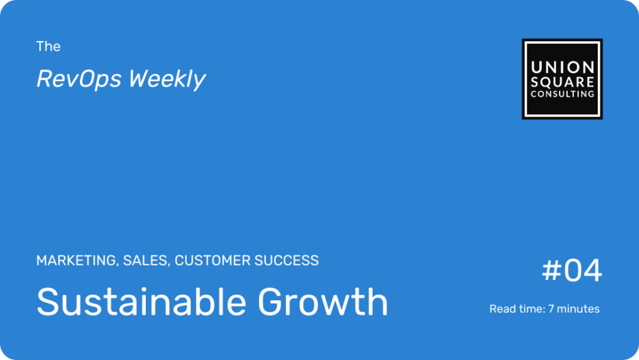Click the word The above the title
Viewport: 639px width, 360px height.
pyautogui.click(x=48, y=47)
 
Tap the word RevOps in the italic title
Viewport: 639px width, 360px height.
pyautogui.click(x=79, y=79)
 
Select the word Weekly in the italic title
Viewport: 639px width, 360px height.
pyautogui.click(x=167, y=79)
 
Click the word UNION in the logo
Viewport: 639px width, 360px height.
pyautogui.click(x=562, y=67)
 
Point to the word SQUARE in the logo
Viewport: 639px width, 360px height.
pyautogui.click(x=562, y=82)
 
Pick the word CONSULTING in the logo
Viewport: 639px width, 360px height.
pyautogui.click(x=562, y=94)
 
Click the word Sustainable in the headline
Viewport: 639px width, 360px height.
pyautogui.click(x=141, y=301)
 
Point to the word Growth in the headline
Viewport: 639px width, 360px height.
pyautogui.click(x=323, y=301)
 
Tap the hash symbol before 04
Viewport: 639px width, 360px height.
pyautogui.click(x=552, y=270)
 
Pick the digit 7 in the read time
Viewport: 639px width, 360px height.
pyautogui.click(x=551, y=309)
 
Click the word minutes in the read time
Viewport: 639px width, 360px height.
pyautogui.click(x=578, y=309)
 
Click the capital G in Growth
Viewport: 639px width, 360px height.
pyautogui.click(x=272, y=302)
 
